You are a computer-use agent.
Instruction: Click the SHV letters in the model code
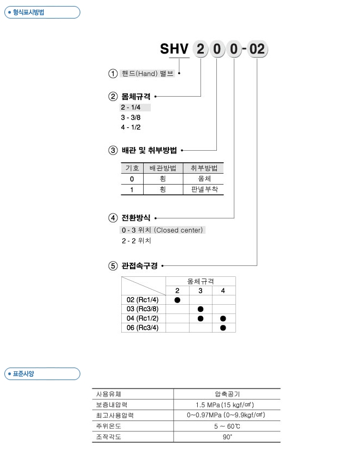click(x=174, y=50)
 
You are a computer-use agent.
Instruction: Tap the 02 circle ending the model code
click(x=257, y=50)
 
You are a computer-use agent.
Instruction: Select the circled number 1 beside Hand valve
click(x=113, y=74)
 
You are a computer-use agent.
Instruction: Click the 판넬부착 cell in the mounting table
click(x=204, y=189)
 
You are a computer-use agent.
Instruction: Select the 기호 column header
click(x=132, y=168)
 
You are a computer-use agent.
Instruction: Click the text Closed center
click(x=179, y=230)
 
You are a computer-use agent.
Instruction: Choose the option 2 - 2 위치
click(x=136, y=240)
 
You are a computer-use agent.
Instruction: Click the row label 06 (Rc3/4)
click(x=142, y=327)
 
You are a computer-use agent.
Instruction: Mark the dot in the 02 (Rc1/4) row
click(x=178, y=300)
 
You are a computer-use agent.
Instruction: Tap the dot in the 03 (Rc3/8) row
click(x=200, y=309)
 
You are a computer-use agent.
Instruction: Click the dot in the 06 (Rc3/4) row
click(x=223, y=327)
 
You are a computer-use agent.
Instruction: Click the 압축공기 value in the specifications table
click(x=226, y=394)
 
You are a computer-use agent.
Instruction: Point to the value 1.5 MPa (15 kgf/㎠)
click(x=226, y=405)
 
